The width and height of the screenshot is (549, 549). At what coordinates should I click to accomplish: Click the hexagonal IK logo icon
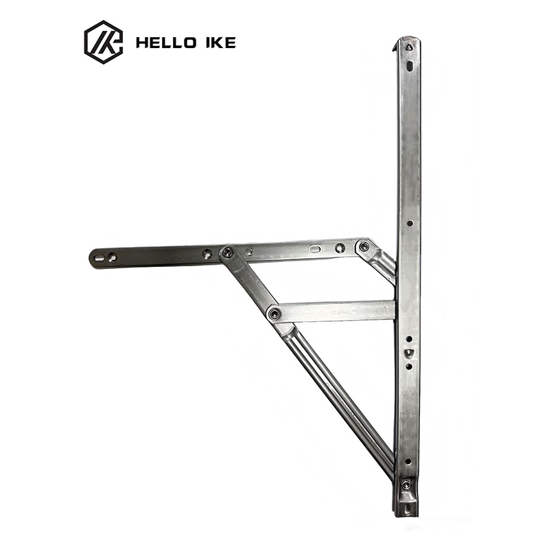[104, 42]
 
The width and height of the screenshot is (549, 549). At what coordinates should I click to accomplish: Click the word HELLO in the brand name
[166, 43]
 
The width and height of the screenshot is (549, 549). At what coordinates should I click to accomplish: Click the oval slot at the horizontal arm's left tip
[99, 259]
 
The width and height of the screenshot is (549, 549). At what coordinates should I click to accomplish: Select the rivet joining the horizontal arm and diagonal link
[228, 251]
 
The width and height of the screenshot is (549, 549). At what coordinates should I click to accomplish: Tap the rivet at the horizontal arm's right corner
[364, 246]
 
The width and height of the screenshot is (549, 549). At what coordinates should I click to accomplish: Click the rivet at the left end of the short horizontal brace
[274, 314]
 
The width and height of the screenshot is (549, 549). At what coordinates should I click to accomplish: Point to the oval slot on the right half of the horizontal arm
[315, 249]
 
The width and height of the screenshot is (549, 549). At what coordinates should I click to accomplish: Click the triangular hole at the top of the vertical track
[409, 47]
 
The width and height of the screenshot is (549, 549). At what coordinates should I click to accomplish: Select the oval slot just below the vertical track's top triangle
[410, 65]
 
